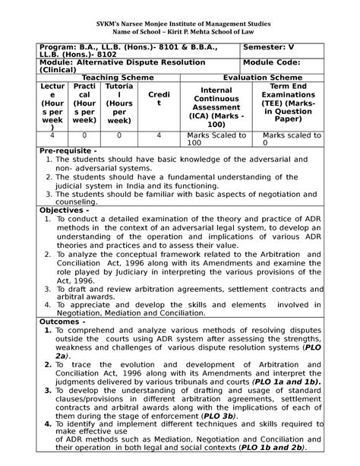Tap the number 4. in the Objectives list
coord(48,303)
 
